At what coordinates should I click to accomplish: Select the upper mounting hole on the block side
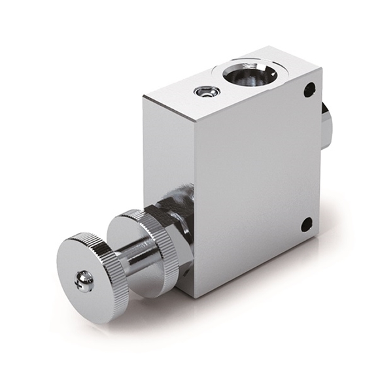309,90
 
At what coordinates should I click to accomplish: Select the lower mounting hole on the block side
306,225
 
